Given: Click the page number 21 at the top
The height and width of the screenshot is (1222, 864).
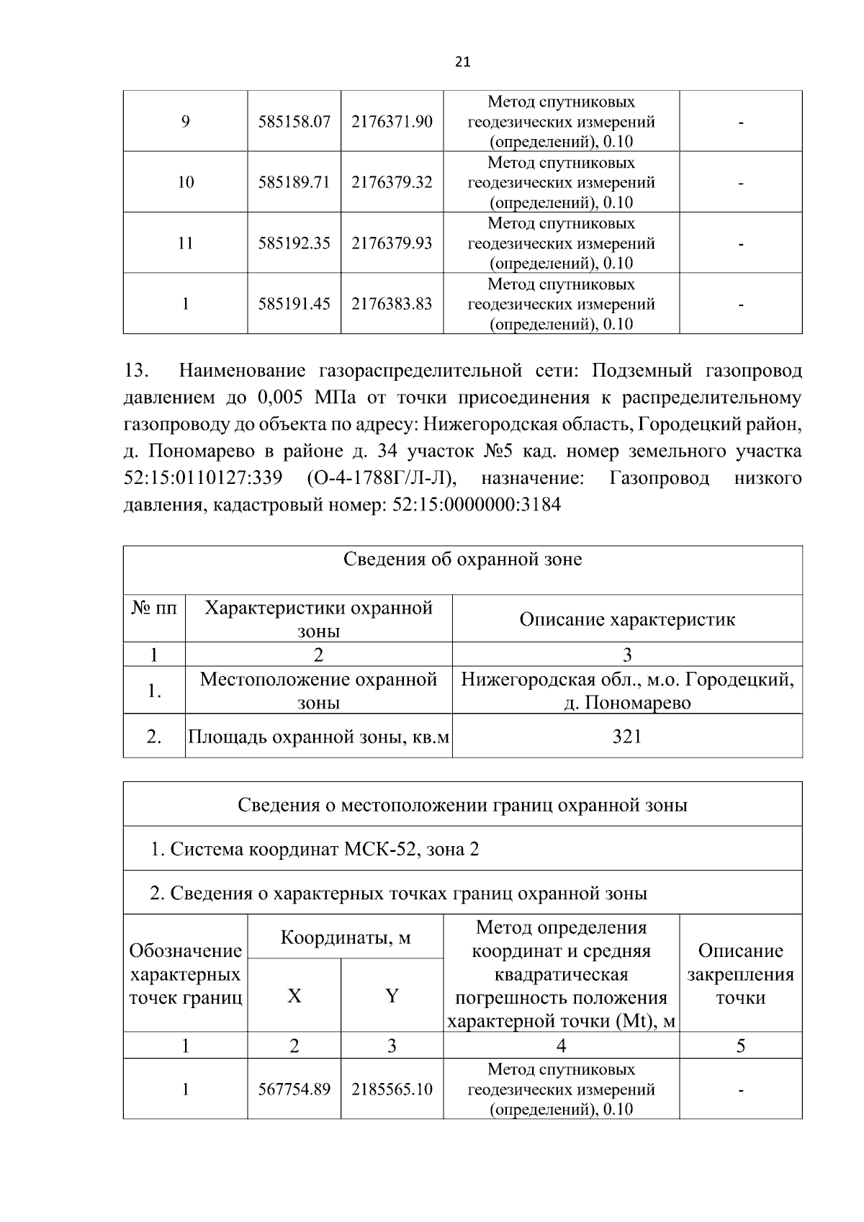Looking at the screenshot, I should coord(462,63).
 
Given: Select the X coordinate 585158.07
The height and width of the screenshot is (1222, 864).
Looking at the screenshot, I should coord(294,122).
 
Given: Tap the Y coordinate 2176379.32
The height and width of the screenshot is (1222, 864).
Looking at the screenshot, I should coord(392,182).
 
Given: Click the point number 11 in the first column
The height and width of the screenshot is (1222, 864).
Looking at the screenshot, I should coord(185,243).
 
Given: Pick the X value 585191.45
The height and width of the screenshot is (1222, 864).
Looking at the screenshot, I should coord(294,304).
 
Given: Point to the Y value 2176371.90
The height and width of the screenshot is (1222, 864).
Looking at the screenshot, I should coord(392,122).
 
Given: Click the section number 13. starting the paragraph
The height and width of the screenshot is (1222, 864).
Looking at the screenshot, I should coord(136,372).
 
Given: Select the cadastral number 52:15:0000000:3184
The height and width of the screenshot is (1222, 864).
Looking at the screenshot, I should coord(477,505).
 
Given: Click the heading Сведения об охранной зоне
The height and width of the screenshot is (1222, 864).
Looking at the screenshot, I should coord(462,560).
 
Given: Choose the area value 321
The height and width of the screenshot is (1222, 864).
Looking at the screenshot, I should coord(626,736).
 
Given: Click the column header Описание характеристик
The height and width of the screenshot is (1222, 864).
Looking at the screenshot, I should coord(626,619).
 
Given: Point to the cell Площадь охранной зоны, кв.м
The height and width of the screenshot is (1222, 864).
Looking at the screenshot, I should coord(318,737).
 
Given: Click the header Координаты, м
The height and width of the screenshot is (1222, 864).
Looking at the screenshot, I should coord(345,938).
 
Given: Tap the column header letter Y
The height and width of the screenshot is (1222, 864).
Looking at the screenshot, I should coord(392,996).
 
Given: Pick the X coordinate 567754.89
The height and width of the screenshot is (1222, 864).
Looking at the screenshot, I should coord(294,1090).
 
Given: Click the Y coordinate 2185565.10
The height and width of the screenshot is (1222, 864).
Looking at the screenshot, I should coord(392,1090).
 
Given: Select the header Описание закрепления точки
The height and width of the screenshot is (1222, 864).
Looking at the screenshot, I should coord(740,974).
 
